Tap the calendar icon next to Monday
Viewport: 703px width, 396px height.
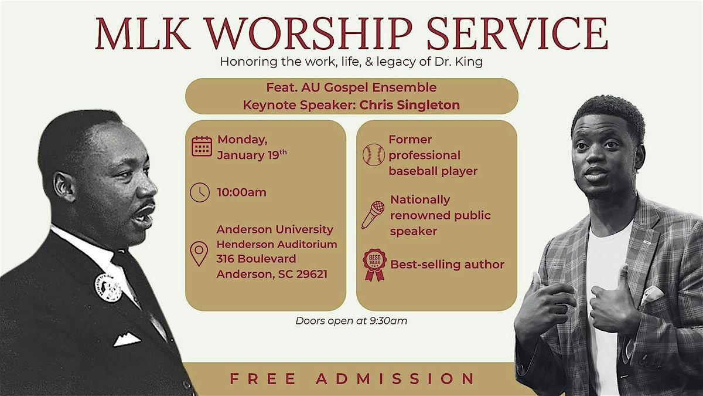click(x=202, y=145)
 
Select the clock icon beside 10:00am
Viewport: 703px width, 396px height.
click(x=200, y=192)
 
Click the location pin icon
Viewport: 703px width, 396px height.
click(x=200, y=253)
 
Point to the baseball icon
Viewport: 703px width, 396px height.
click(x=373, y=155)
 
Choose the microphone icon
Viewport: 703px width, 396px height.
click(x=373, y=215)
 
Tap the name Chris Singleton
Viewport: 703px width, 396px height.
click(x=410, y=105)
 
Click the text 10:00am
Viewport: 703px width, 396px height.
click(x=241, y=192)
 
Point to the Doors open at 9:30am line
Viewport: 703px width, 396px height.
click(x=351, y=320)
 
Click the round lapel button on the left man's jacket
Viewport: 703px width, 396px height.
click(x=108, y=287)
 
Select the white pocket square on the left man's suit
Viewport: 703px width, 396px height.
click(x=127, y=339)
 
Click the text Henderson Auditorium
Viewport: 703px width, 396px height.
click(x=277, y=244)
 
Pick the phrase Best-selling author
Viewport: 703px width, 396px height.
click(x=447, y=265)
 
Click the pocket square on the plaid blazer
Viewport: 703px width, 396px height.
click(x=651, y=295)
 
